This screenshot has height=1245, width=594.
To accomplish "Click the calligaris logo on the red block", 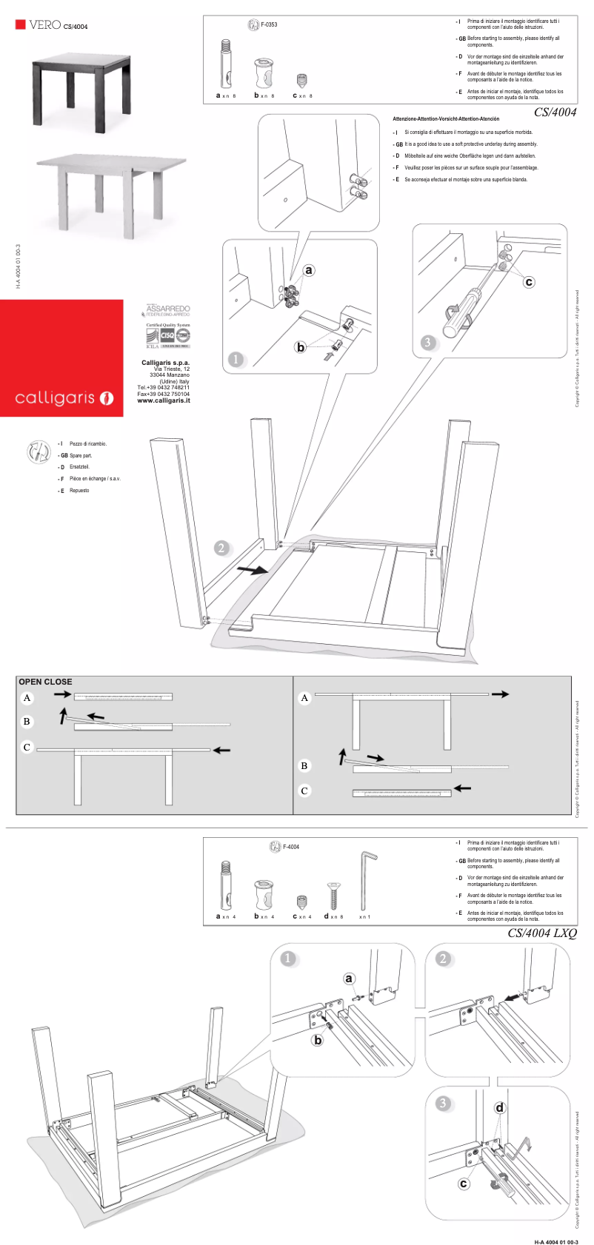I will (x=64, y=398).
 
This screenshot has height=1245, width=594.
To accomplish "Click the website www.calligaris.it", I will (x=163, y=400).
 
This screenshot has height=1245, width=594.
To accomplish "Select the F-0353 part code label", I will (x=268, y=24).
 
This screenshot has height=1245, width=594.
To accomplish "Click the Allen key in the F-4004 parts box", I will (x=367, y=881).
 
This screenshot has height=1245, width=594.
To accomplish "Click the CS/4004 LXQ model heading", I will (x=541, y=933).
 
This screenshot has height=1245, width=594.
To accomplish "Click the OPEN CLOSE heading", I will (x=45, y=682).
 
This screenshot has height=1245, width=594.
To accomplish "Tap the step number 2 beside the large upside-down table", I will (x=221, y=548).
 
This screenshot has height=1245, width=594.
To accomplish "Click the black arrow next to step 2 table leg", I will (x=252, y=570).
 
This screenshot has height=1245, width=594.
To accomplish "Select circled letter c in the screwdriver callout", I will (x=529, y=282).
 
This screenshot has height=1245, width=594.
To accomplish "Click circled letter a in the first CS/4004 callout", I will (x=309, y=270).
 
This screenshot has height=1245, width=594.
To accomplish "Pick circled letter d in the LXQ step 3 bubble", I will (x=500, y=1108).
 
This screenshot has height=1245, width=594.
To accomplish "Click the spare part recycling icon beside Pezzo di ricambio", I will (x=39, y=452).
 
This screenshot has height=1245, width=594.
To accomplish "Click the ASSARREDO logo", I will (x=168, y=309).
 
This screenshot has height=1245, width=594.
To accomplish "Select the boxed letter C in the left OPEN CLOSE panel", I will (x=27, y=747).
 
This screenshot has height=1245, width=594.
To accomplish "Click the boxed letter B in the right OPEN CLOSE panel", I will (x=304, y=765).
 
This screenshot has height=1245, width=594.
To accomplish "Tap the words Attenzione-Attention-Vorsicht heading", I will (x=446, y=118).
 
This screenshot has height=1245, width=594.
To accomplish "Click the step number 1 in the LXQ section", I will (x=288, y=959).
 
